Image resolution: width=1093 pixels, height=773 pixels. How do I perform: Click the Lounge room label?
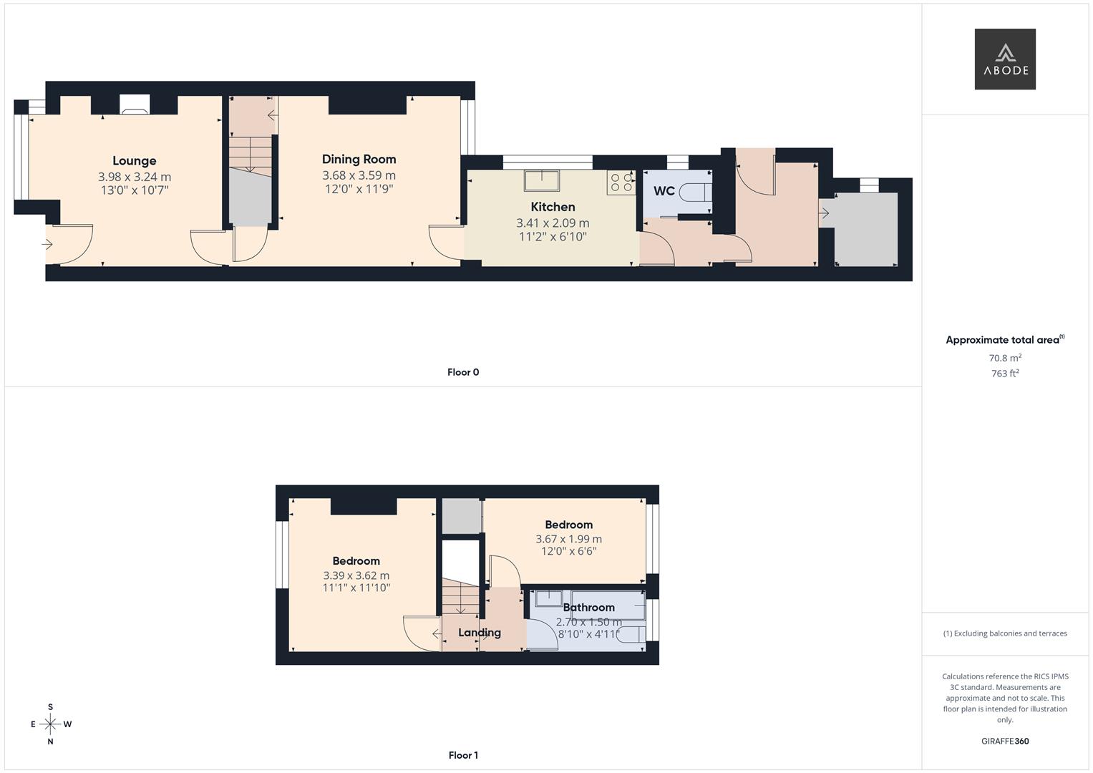pos(134,161)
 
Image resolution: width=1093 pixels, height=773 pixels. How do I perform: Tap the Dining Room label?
pos(359,160)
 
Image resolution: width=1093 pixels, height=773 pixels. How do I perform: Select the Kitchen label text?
pos(553,207)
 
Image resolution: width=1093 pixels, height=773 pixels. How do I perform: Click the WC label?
pos(664,191)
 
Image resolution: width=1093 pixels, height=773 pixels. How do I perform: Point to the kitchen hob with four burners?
pos(621,183)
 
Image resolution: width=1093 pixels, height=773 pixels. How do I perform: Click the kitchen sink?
pos(541,180)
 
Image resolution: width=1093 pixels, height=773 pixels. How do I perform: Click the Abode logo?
pos(1004,59)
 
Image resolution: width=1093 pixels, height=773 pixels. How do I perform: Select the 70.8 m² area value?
pos(1004,358)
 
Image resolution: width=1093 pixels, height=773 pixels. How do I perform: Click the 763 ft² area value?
pos(1004,374)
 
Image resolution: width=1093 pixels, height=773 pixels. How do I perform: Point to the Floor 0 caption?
pos(463,372)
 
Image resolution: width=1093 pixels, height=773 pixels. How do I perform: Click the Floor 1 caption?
pos(463,755)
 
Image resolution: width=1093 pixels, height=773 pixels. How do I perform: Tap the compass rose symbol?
pos(50,724)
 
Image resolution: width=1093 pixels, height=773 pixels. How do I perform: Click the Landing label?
pos(479,633)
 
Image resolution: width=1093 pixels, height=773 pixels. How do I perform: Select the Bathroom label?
pos(588,608)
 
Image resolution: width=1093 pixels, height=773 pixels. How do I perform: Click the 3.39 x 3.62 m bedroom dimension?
pos(356,575)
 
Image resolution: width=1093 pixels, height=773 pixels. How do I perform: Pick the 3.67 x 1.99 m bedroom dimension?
pos(568,539)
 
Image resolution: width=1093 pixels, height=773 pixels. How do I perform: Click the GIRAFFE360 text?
pos(1004,742)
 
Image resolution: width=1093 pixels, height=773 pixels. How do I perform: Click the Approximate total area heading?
pos(1002,340)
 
